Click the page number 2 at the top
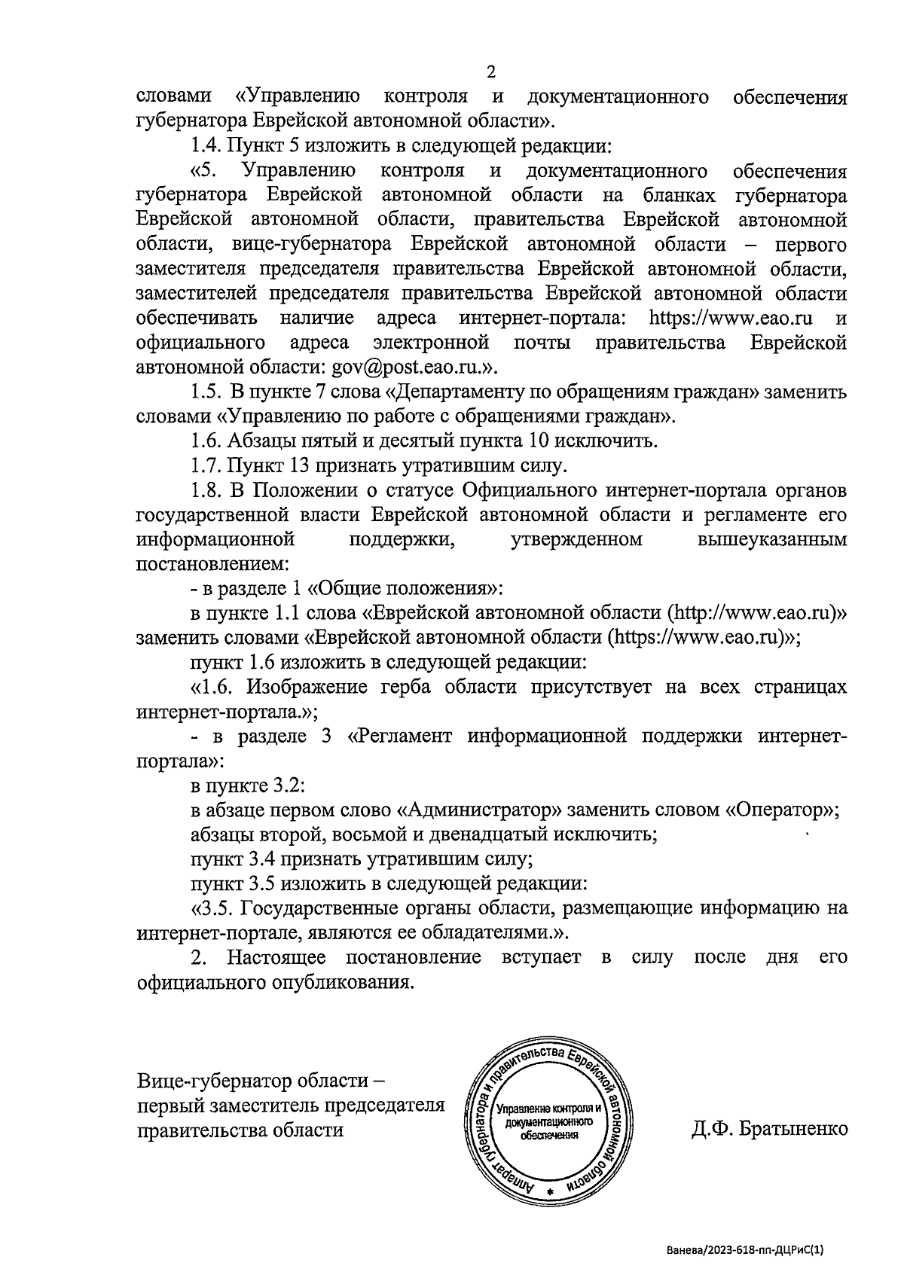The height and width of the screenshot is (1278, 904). (x=491, y=72)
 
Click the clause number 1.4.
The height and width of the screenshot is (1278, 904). (x=206, y=146)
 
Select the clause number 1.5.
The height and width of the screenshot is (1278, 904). (x=206, y=392)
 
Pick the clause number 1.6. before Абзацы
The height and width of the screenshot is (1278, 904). (x=206, y=441)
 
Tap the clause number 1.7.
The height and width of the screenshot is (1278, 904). (x=206, y=466)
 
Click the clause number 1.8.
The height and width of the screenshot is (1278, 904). (x=206, y=491)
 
